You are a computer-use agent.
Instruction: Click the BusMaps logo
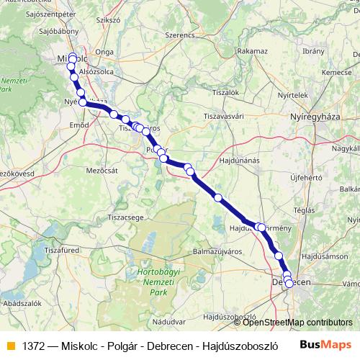(325, 346)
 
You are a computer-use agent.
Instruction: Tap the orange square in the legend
(10, 346)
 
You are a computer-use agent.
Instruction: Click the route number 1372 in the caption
(34, 346)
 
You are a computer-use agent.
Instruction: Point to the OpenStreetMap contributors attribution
(293, 323)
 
